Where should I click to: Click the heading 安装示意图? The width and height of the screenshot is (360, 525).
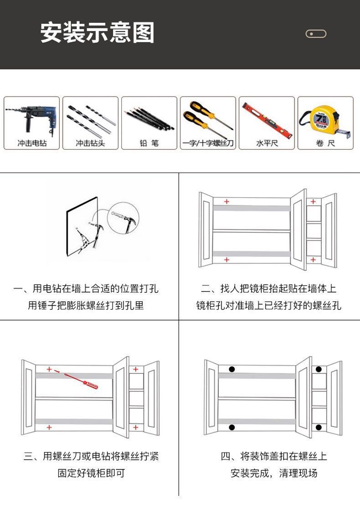click(x=98, y=33)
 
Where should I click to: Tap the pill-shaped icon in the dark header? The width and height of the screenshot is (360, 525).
click(x=316, y=34)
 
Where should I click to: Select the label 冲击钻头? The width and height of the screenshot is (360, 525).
click(x=90, y=143)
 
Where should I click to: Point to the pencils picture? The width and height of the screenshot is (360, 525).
click(x=149, y=117)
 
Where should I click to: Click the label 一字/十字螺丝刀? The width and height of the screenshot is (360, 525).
click(x=208, y=143)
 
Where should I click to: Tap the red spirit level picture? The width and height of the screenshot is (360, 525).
click(x=266, y=118)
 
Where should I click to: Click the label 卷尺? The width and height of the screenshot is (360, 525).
click(x=325, y=143)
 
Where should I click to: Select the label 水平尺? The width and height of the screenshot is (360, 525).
click(x=267, y=143)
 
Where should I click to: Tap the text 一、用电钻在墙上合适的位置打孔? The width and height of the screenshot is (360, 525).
click(x=86, y=289)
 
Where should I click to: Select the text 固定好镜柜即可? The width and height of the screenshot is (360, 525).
click(x=91, y=473)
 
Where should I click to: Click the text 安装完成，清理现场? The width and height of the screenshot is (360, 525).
click(x=274, y=473)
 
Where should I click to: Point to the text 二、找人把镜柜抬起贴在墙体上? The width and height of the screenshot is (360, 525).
click(x=269, y=289)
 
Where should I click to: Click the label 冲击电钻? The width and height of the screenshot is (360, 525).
click(x=32, y=143)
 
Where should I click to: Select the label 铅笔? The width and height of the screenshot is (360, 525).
click(x=149, y=143)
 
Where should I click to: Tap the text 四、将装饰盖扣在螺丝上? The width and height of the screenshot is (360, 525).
click(x=274, y=456)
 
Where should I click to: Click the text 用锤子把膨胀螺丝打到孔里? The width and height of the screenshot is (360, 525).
click(x=86, y=306)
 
